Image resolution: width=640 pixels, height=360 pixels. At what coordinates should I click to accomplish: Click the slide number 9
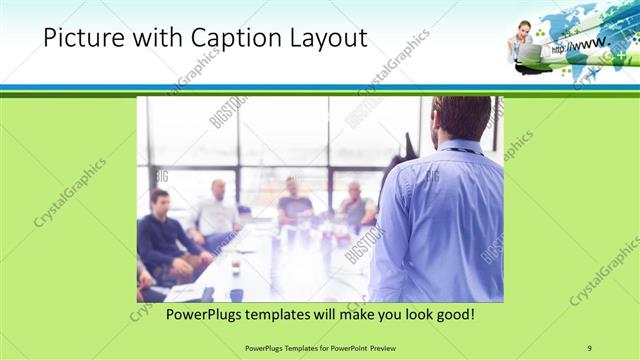pyautogui.click(x=589, y=347)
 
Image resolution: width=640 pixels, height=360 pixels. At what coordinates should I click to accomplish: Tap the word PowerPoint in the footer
pyautogui.click(x=349, y=347)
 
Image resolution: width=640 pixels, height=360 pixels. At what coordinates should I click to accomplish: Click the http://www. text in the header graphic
pyautogui.click(x=583, y=44)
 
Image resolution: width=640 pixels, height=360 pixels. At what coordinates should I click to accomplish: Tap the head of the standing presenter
pyautogui.click(x=463, y=118)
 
